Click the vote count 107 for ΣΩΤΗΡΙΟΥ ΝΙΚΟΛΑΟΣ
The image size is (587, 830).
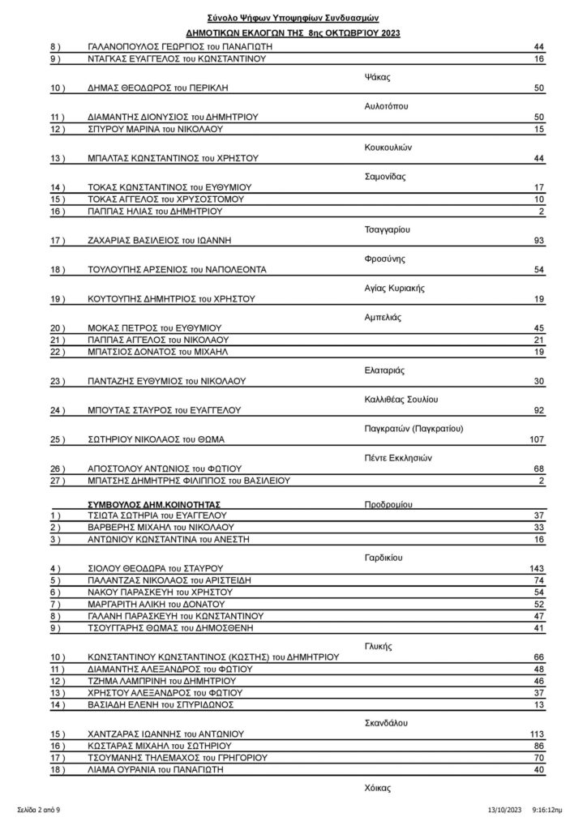pos(536,440)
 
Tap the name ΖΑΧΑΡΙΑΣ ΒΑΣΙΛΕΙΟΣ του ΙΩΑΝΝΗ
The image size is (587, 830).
pos(169,242)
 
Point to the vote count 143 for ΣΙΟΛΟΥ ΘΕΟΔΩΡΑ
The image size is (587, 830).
pos(536,568)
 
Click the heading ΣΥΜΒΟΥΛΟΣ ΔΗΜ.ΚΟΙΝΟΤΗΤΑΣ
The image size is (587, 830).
pos(154,503)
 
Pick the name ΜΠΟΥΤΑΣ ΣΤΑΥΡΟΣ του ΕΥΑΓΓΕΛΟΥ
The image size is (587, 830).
pos(171,410)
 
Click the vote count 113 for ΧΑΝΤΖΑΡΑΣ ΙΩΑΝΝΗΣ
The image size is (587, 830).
pos(536,733)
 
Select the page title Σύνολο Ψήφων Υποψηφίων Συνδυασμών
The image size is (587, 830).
pos(293,17)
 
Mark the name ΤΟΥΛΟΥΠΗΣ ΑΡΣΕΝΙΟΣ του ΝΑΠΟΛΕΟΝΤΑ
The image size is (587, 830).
pos(180,270)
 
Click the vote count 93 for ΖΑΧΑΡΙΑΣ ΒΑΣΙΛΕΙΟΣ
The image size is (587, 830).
pos(538,242)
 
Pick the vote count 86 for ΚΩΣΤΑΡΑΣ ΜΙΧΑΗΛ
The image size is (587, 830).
pos(538,745)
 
